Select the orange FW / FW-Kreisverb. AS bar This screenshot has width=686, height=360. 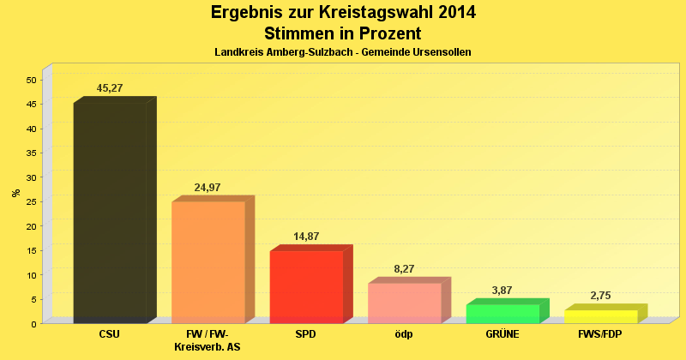point(208,261)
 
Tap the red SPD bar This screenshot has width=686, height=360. point(306,286)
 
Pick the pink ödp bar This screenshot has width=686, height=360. point(405,303)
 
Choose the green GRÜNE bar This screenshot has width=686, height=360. point(502,314)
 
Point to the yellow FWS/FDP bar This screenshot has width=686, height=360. point(600,316)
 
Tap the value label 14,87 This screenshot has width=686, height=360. point(306,237)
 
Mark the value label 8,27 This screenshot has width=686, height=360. point(405,269)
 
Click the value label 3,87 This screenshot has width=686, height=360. point(502,291)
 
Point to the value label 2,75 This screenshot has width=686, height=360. point(600,296)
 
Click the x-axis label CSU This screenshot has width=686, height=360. point(110,333)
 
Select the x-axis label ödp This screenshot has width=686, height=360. point(404,333)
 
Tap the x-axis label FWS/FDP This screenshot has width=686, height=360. point(600,333)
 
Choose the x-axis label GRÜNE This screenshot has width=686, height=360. point(502,333)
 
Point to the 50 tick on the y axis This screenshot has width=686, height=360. point(32,81)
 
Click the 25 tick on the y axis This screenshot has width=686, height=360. point(32,202)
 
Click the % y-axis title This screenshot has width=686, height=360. point(15,193)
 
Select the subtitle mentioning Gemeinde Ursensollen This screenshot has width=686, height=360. point(343,52)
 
